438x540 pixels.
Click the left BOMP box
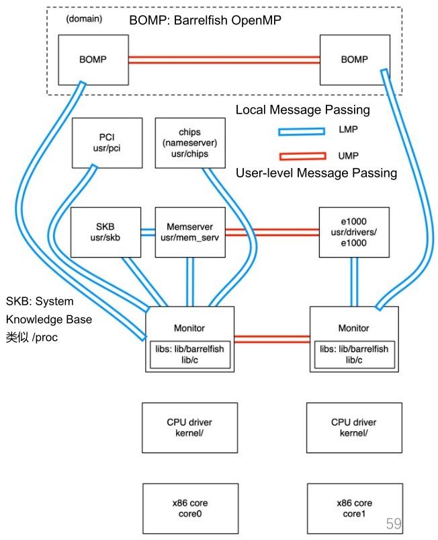point(93,60)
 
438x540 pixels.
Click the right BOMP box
point(354,60)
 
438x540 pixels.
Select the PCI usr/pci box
point(107,143)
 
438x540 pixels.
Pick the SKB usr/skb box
point(107,232)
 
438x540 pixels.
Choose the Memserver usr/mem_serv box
point(189,232)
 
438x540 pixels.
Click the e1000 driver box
point(353,232)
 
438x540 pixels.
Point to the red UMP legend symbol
point(301,156)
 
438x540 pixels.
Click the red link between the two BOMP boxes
point(223,60)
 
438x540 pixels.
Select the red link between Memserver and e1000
point(271,232)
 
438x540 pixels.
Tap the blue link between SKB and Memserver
point(148,232)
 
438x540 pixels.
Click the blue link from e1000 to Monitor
point(353,282)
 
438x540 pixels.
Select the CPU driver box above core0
point(189,428)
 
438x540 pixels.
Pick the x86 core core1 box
point(353,508)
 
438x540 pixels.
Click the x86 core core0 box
point(189,508)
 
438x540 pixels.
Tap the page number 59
point(393,523)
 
